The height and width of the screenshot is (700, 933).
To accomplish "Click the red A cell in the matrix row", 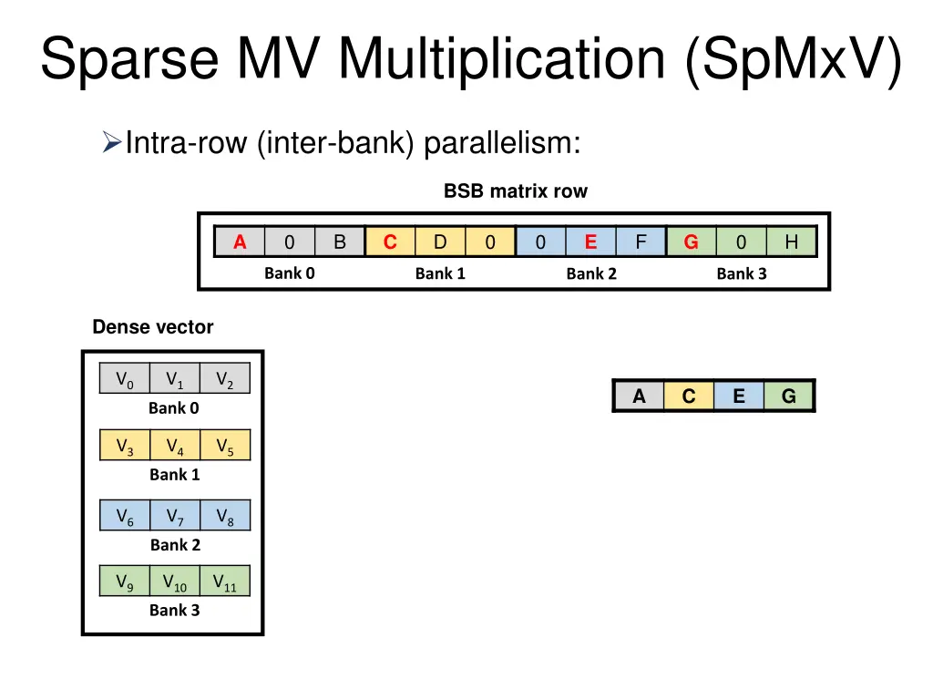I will (x=240, y=242).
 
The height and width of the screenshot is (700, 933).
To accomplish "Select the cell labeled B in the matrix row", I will (x=340, y=242).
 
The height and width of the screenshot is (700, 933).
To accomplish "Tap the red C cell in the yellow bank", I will (x=390, y=242).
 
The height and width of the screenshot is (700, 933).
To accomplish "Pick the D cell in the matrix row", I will (x=440, y=242).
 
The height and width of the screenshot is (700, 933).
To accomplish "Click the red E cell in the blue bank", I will (x=590, y=242).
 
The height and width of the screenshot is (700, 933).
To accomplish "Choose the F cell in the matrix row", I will (x=641, y=242).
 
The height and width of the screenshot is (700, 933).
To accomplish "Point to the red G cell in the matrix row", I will (x=692, y=242).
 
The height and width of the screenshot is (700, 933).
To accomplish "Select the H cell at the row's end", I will (x=791, y=242).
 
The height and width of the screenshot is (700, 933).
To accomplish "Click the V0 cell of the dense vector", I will (x=125, y=379).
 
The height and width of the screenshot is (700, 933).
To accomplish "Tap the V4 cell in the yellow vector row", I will (x=175, y=446).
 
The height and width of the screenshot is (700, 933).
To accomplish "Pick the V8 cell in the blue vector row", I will (x=225, y=516).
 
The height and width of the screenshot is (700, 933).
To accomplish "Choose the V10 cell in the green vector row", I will (x=174, y=582).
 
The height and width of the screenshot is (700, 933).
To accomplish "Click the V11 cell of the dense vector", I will (x=224, y=582).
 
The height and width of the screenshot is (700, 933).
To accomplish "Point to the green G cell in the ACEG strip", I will (x=788, y=396).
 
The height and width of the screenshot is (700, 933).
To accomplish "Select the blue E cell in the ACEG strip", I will (x=738, y=396).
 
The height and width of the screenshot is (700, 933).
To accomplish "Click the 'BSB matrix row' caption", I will (x=516, y=191).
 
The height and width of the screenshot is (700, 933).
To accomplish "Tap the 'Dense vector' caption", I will (x=153, y=327).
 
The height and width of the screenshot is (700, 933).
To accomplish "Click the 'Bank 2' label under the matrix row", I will (x=590, y=273).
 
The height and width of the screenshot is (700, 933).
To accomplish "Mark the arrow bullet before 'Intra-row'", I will (x=111, y=143).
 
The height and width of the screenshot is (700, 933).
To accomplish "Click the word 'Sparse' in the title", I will (x=128, y=58).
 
